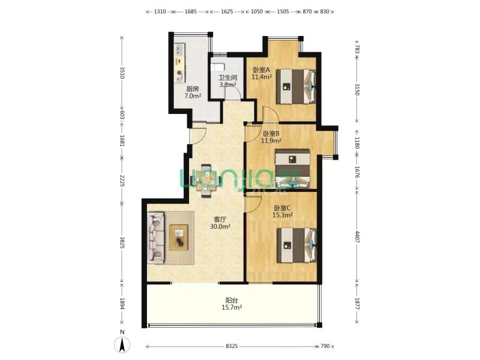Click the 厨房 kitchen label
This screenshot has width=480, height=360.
193,89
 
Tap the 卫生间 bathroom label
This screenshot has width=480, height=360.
228,78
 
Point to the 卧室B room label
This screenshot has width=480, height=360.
271,134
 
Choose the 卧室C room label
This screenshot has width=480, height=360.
282,208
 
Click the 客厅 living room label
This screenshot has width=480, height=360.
220,220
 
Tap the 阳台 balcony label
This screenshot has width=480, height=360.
232,301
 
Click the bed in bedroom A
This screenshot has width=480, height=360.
296,86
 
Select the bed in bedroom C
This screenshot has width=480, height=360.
296,245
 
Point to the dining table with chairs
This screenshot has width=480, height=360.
205,181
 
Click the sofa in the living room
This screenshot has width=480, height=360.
156,238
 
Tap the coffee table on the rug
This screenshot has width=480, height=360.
179,238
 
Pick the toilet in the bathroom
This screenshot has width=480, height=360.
218,67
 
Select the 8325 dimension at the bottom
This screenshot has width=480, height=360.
232,346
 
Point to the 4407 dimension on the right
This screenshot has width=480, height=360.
357,236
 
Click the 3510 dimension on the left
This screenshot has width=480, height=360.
122,73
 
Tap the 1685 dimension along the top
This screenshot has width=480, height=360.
191,11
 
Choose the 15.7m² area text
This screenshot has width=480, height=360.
232,307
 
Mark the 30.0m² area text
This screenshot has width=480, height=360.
220,227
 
